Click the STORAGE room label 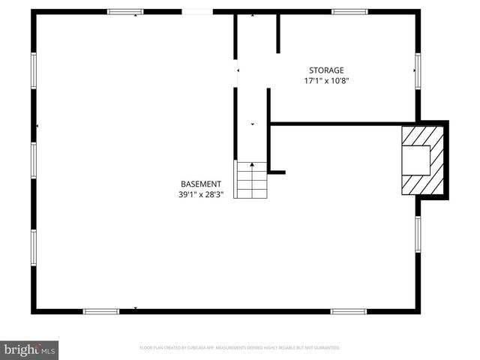click(325, 70)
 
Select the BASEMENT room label click(201, 184)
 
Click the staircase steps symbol click(252, 180)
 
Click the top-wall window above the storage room click(349, 12)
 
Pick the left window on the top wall click(125, 12)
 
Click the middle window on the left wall click(34, 159)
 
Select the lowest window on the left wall click(34, 247)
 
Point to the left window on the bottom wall click(100, 311)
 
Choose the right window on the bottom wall click(349, 311)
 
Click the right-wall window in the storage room click(418, 70)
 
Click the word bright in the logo click(21, 349)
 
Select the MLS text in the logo click(49, 350)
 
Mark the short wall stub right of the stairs click(277, 172)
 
